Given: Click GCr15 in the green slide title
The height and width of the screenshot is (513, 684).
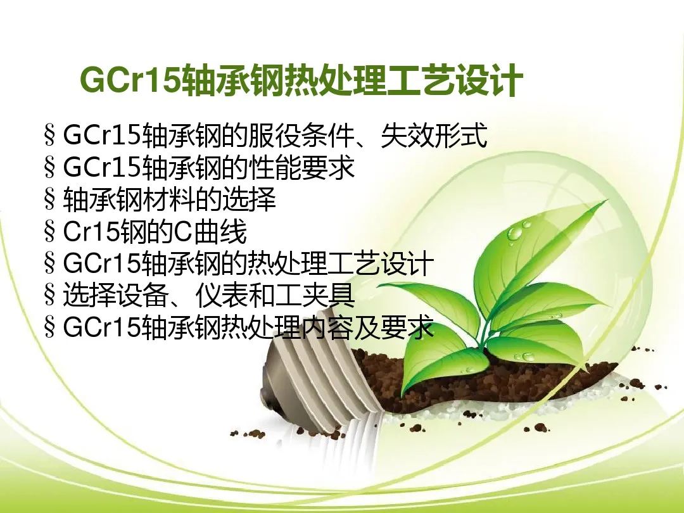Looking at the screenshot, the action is (x=130, y=79).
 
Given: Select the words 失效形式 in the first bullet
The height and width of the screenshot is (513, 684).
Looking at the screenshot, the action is (x=434, y=136).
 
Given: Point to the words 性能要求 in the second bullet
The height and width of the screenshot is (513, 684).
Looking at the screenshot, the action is (x=301, y=167).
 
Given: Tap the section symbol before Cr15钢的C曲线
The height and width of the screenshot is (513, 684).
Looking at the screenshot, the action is (x=50, y=232).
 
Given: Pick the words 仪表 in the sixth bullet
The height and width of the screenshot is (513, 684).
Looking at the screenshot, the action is (x=222, y=295).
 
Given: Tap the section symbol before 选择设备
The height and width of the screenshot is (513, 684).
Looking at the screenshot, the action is (x=50, y=295).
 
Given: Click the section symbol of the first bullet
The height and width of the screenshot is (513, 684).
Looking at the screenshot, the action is (x=50, y=136).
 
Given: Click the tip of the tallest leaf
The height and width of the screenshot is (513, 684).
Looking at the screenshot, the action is (x=607, y=200).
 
